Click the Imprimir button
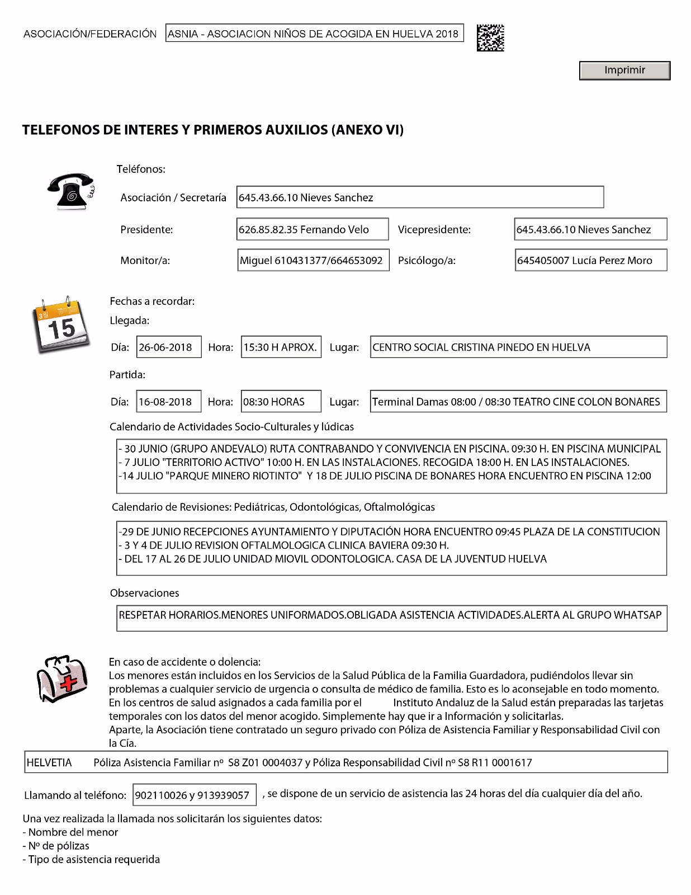click(624, 70)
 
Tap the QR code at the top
click(490, 38)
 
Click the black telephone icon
click(71, 191)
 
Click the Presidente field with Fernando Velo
click(313, 229)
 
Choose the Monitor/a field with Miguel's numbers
click(313, 260)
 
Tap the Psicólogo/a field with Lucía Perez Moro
click(590, 260)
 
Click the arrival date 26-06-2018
click(169, 347)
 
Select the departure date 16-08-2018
click(169, 402)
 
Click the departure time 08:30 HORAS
click(281, 402)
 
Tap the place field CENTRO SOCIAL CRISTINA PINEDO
click(518, 347)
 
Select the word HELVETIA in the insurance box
click(49, 762)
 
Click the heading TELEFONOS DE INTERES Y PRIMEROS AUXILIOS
click(212, 130)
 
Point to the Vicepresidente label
click(434, 229)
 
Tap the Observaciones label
click(144, 593)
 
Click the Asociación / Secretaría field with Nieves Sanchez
click(420, 197)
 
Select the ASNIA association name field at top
click(315, 34)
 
